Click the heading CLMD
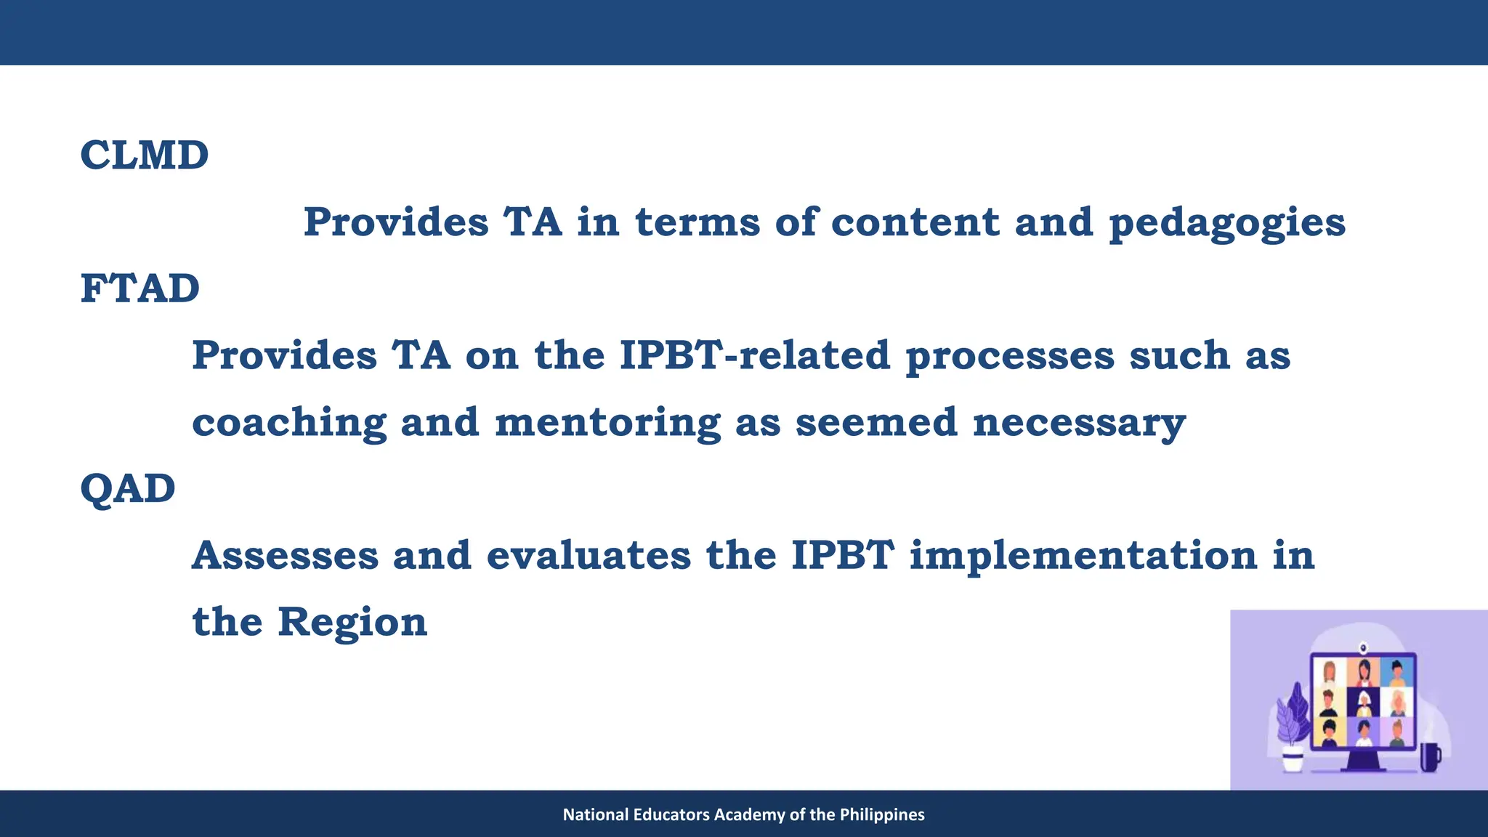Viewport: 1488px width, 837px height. click(144, 155)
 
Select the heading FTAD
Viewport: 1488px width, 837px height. click(139, 288)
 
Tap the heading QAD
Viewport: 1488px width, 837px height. click(127, 488)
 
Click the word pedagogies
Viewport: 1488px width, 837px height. click(1226, 223)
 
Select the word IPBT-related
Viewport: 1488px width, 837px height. click(755, 355)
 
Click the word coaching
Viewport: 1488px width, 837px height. click(288, 424)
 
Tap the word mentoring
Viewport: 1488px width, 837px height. click(607, 424)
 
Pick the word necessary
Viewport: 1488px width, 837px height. click(1079, 424)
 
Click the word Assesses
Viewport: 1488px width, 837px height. click(285, 556)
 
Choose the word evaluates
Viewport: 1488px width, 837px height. click(589, 556)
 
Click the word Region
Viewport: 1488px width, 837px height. click(352, 623)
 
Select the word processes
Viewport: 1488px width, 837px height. click(1009, 357)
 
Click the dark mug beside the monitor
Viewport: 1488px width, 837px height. click(1429, 757)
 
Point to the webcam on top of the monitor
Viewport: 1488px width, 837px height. click(1363, 647)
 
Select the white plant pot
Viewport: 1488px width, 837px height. click(1293, 760)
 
